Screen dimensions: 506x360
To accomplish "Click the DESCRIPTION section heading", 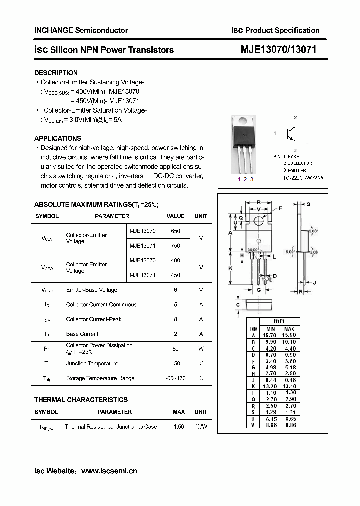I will coord(56,73).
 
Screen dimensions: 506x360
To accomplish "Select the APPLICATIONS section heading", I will coord(58,138).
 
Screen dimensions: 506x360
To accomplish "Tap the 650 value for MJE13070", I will coord(176,231).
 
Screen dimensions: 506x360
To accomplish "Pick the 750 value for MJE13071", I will coord(176,246).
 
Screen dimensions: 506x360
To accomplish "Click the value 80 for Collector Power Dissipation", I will coord(176,349).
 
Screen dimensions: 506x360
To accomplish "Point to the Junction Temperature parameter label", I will coord(92,364).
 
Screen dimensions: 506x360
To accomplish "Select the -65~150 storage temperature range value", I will coord(175,378).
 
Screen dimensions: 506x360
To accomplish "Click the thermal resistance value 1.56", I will coord(178,427).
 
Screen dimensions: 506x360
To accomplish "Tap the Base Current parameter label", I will coord(82,334).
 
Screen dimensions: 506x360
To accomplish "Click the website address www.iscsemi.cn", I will coord(109,471).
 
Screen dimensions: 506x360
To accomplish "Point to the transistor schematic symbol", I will coord(290,133).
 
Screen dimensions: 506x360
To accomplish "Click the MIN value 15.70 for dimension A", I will coord(271,335).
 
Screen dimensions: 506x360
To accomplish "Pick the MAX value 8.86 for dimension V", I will coord(289,425).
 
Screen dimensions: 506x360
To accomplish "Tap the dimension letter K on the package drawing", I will coord(231,268).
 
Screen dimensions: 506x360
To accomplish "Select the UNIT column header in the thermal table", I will coord(201,412).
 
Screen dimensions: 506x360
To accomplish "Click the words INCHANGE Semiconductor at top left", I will coord(81,30).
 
